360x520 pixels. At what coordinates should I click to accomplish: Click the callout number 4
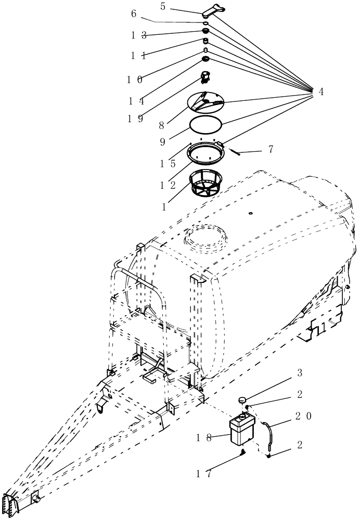pyautogui.click(x=321, y=92)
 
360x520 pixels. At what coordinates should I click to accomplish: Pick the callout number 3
pyautogui.click(x=300, y=373)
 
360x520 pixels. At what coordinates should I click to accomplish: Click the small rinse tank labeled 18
pyautogui.click(x=240, y=429)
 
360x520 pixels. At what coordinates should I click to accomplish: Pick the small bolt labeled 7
pyautogui.click(x=237, y=151)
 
